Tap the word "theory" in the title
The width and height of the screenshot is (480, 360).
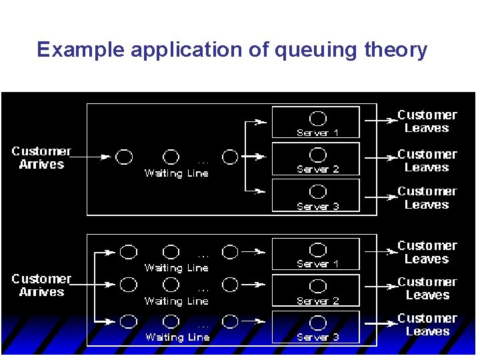click(x=395, y=51)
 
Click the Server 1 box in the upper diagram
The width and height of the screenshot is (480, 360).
click(x=316, y=122)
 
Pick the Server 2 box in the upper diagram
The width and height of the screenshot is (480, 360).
click(x=316, y=159)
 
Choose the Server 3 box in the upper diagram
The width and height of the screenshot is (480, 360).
click(x=316, y=195)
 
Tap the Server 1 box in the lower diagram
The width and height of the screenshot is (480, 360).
click(x=316, y=253)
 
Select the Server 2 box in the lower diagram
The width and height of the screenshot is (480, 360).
click(x=316, y=290)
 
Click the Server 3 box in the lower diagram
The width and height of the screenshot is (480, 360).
click(x=316, y=327)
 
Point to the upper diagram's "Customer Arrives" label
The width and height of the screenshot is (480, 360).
click(x=41, y=157)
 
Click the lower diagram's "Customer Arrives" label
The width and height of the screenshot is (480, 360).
click(x=41, y=285)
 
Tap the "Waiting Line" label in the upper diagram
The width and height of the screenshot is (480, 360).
click(x=177, y=173)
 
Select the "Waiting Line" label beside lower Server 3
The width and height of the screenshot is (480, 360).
click(x=177, y=337)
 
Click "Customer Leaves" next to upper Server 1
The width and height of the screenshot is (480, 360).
click(x=427, y=121)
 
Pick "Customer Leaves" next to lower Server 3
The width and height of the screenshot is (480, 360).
click(x=427, y=325)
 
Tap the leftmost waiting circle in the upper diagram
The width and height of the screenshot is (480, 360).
click(x=125, y=157)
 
